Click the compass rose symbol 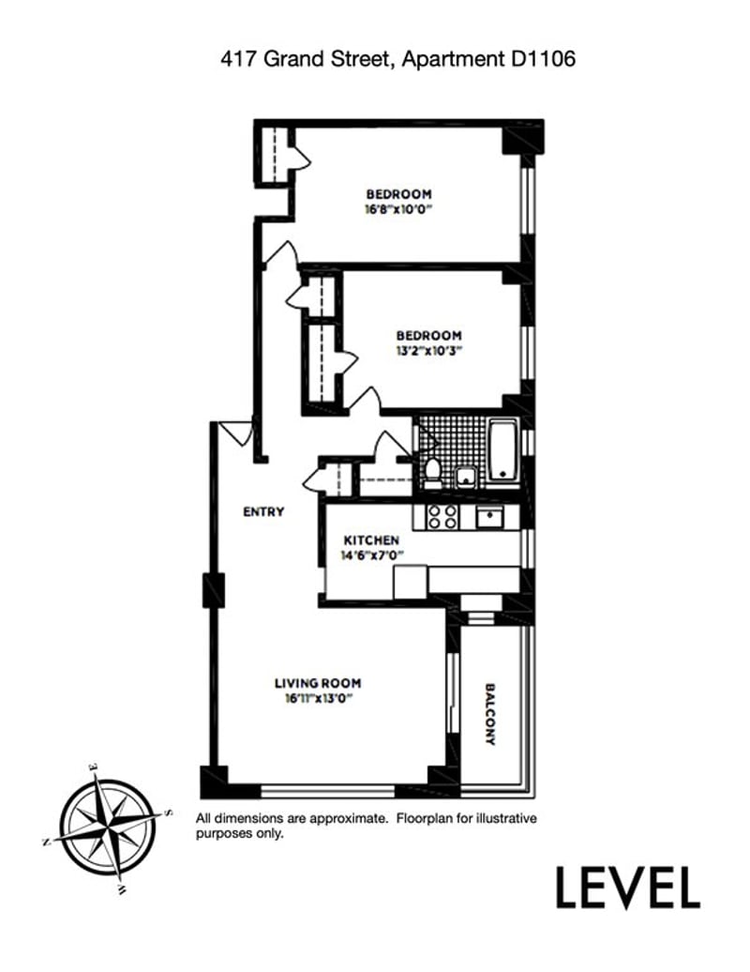coord(109,827)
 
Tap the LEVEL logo coord(628,888)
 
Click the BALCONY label coord(490,714)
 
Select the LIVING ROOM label coord(318,683)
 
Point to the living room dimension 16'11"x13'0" coord(318,699)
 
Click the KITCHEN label coord(371,539)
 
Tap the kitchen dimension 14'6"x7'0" coord(371,555)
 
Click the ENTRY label coord(263,511)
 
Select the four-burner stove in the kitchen coord(442,517)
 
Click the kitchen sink coord(489,516)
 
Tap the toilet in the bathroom coord(432,472)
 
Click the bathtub coord(503,450)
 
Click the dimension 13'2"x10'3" coord(429,351)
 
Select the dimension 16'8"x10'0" coord(398,209)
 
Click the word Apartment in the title coord(453,59)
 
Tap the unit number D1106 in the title coord(543,59)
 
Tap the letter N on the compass coord(45,842)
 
